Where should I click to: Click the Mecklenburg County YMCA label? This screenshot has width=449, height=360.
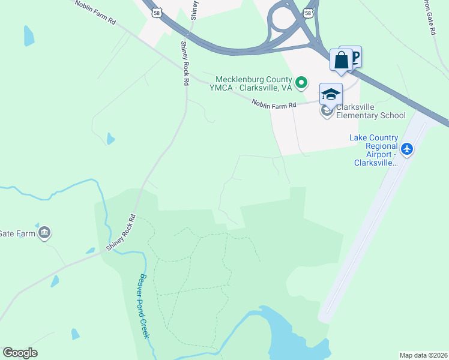tap(253, 83)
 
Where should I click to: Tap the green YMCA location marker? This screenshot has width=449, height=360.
tap(302, 82)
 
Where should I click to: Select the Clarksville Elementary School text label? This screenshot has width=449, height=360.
tap(371, 111)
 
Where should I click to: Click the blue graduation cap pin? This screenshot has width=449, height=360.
tap(331, 95)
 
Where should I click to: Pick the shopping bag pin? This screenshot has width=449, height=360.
tap(342, 61)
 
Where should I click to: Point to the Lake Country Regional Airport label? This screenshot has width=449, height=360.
tap(373, 150)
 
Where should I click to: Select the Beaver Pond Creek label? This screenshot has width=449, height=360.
tap(143, 306)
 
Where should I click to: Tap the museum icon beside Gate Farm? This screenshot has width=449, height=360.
tap(44, 233)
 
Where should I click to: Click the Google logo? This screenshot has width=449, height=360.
tap(20, 353)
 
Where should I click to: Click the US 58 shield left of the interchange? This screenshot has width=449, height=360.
tap(157, 12)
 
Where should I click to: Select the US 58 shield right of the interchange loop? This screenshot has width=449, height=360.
tap(308, 12)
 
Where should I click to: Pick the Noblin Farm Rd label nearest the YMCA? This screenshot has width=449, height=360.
tap(274, 104)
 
